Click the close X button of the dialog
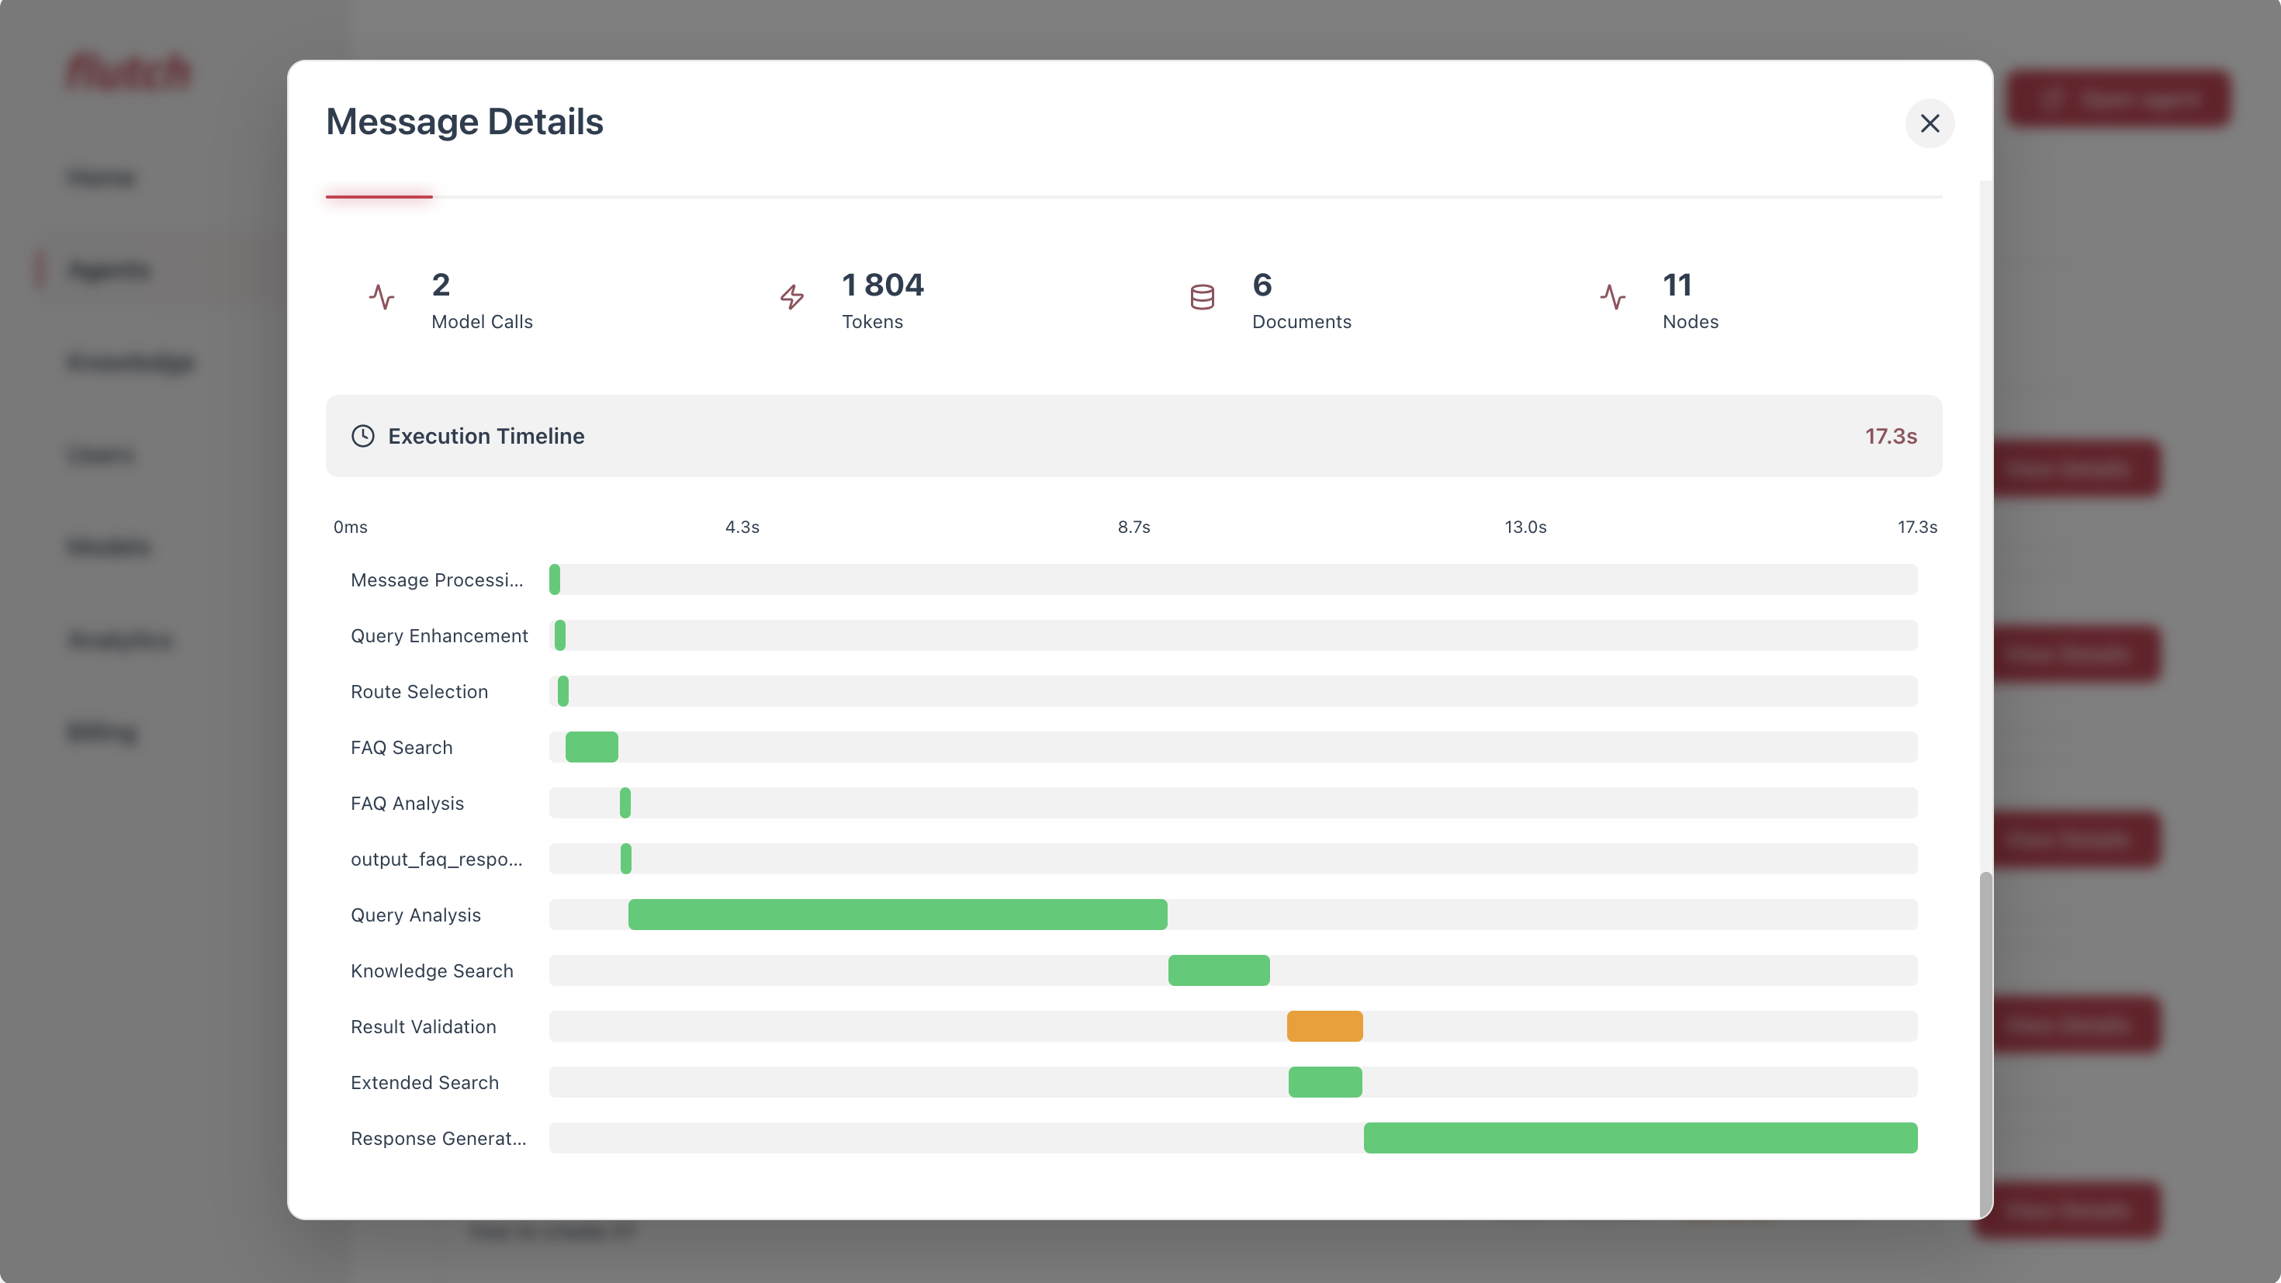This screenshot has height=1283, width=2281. tap(1930, 123)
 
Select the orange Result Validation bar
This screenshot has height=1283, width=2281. tap(1324, 1026)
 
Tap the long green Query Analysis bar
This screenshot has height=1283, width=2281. tap(897, 915)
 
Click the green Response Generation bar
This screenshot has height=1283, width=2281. tap(1640, 1138)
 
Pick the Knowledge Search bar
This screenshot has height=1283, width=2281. tap(1218, 970)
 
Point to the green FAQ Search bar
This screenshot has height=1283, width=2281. tap(591, 747)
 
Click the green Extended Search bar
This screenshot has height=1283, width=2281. tap(1324, 1082)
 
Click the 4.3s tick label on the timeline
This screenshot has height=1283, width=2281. tap(742, 527)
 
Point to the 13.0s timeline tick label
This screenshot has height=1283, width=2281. tap(1525, 527)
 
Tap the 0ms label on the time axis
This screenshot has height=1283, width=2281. tap(350, 527)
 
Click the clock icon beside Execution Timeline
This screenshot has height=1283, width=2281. tap(363, 436)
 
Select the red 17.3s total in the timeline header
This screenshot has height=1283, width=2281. tap(1891, 436)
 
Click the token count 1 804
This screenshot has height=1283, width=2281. tap(882, 285)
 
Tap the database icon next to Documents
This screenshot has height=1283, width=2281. tap(1202, 298)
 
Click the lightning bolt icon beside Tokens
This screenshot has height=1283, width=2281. tap(791, 298)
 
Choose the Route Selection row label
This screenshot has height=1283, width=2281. tap(419, 691)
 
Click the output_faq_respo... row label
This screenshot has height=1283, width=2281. tap(436, 859)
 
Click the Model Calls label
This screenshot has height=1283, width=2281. tap(482, 321)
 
